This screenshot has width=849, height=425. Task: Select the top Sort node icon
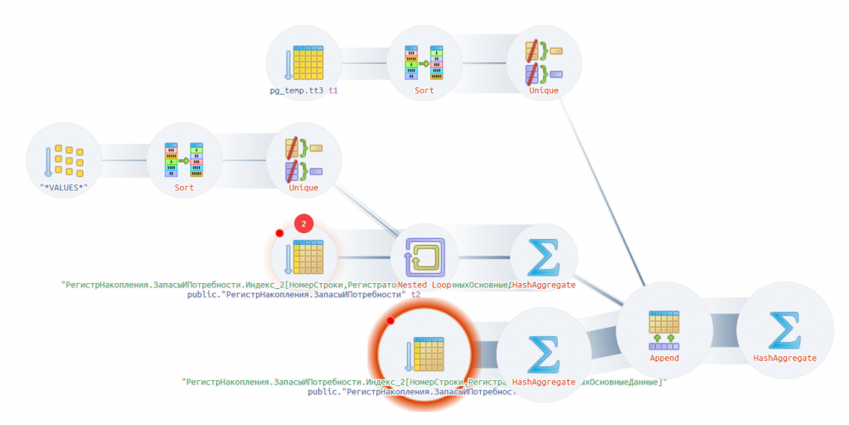pyautogui.click(x=424, y=62)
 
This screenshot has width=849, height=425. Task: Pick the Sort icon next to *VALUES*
pyautogui.click(x=184, y=160)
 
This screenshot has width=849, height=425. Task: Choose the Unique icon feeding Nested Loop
pyautogui.click(x=303, y=160)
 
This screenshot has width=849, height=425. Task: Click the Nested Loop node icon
pyautogui.click(x=424, y=258)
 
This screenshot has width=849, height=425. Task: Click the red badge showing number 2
pyautogui.click(x=304, y=223)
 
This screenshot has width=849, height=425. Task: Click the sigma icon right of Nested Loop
pyautogui.click(x=544, y=258)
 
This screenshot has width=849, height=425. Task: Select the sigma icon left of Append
pyautogui.click(x=544, y=355)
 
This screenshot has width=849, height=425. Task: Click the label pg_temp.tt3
pyautogui.click(x=296, y=90)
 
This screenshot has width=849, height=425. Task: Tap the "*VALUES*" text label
pyautogui.click(x=63, y=188)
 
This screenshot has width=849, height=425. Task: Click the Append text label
pyautogui.click(x=664, y=359)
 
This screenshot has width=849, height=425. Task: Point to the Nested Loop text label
pyautogui.click(x=425, y=285)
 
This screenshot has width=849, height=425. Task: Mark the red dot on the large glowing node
pyautogui.click(x=391, y=320)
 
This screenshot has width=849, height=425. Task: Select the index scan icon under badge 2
pyautogui.click(x=303, y=258)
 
